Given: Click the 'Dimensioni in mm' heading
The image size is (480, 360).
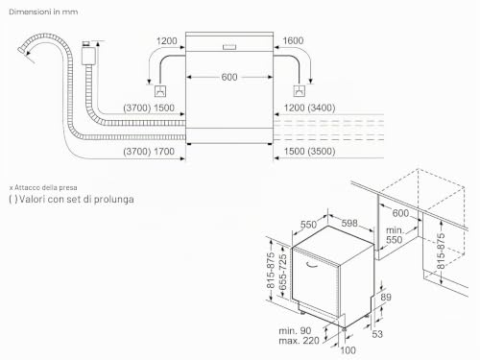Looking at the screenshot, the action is coord(43,12).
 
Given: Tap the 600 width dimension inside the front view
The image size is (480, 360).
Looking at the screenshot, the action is coord(229,77).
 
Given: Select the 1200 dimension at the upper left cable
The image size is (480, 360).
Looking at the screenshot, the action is coord(166,41).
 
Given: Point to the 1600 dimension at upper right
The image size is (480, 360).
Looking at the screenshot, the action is coord(293,40).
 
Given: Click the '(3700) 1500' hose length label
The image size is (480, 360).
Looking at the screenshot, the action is coord(149,108).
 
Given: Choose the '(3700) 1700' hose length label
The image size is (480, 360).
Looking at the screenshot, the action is coord(149,152).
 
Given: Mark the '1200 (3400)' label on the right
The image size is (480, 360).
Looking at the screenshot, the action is coord(309,108).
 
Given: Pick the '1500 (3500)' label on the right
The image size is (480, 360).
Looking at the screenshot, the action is coord(309,152).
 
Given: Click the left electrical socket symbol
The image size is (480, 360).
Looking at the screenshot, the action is coord(160,91).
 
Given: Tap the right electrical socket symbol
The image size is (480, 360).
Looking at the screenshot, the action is coord(300,91).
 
